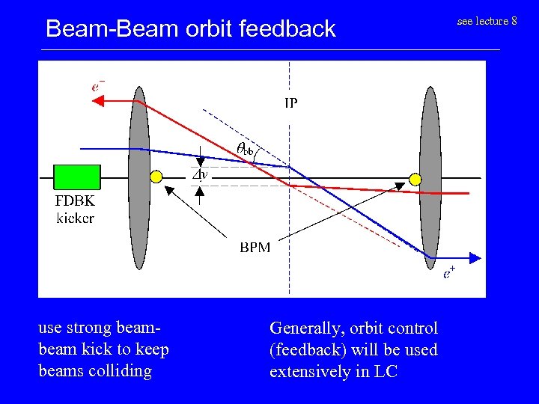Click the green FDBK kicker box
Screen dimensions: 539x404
[77, 177]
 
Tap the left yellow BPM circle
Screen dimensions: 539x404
[156, 177]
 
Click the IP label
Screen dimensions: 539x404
[290, 103]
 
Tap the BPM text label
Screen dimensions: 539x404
[255, 248]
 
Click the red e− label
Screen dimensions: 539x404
[97, 85]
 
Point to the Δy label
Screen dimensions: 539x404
[200, 175]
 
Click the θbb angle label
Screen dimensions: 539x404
[244, 149]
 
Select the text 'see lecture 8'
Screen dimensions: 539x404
[487, 21]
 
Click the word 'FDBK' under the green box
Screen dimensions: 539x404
[75, 201]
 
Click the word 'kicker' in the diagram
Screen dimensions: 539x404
[75, 218]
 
